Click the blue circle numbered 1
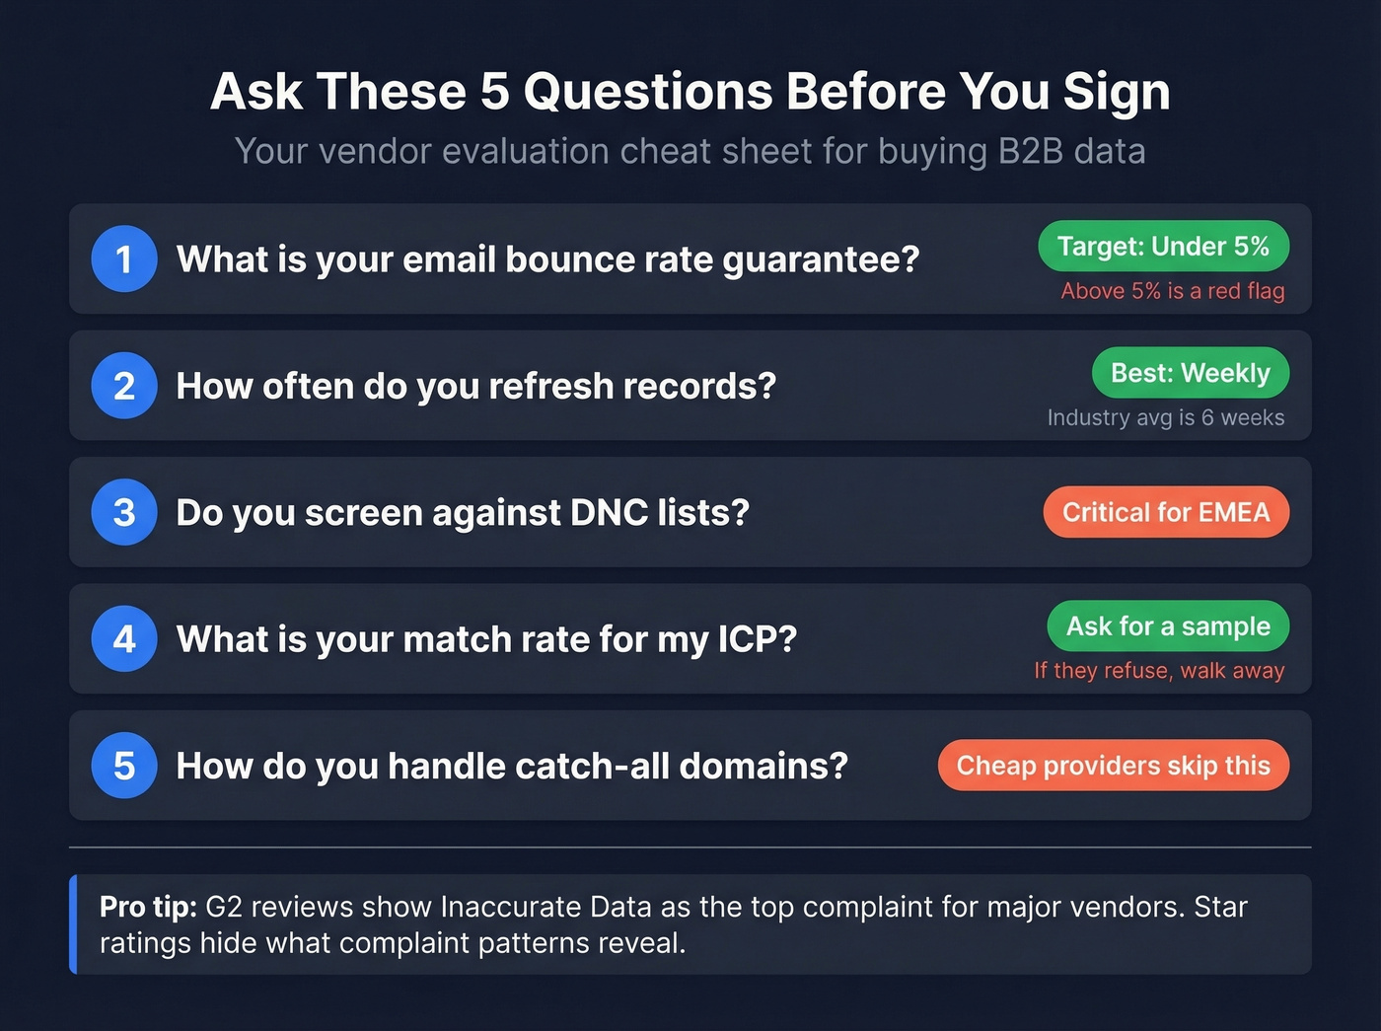click(124, 259)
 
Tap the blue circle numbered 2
click(124, 386)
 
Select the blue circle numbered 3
click(124, 512)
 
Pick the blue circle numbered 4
click(124, 639)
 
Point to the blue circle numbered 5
click(124, 766)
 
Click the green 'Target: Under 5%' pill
click(1163, 246)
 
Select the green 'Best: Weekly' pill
click(1190, 373)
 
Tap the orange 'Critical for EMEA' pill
click(1166, 512)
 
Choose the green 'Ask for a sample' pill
click(1168, 626)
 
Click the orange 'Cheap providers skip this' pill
click(1113, 766)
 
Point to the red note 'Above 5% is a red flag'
click(1172, 291)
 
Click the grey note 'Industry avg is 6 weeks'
click(1165, 417)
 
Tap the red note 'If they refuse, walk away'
click(1159, 671)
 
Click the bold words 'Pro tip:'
click(148, 907)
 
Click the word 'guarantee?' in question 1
click(821, 260)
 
